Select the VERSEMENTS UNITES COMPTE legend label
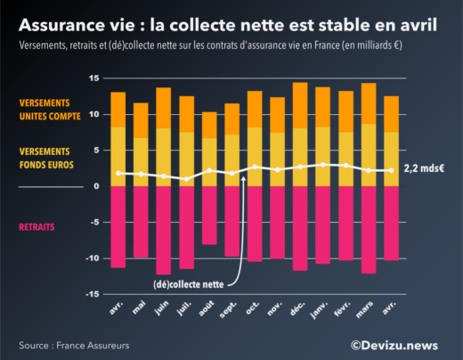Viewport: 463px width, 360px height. (x=51, y=109)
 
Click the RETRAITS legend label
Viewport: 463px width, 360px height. (x=37, y=227)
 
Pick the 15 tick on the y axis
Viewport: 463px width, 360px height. (x=92, y=78)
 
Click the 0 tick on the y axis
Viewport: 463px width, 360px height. (x=95, y=186)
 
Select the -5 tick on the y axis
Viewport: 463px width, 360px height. (x=93, y=222)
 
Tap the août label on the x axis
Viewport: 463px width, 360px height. (x=206, y=308)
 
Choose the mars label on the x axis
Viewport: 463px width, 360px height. (x=365, y=309)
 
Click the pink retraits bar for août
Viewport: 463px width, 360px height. (x=209, y=215)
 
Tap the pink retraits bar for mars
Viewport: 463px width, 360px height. (x=368, y=229)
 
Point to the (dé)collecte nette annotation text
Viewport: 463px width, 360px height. (x=184, y=284)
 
